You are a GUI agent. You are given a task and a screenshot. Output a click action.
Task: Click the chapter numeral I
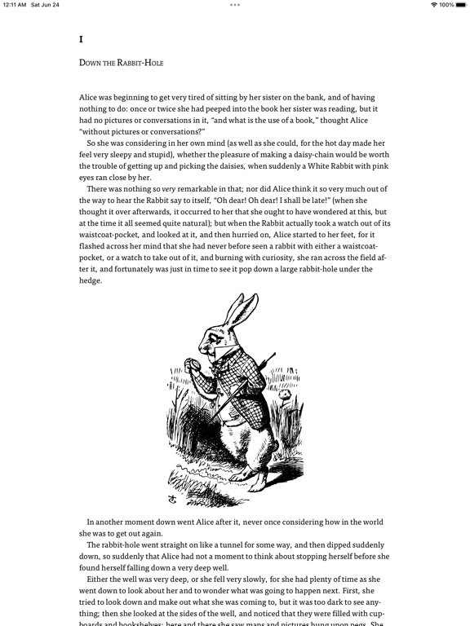click(81, 39)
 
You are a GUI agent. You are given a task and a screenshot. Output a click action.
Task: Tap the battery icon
click(461, 5)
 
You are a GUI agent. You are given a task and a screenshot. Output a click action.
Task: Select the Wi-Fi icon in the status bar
click(433, 5)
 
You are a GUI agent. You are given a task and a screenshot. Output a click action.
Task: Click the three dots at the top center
click(235, 5)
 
